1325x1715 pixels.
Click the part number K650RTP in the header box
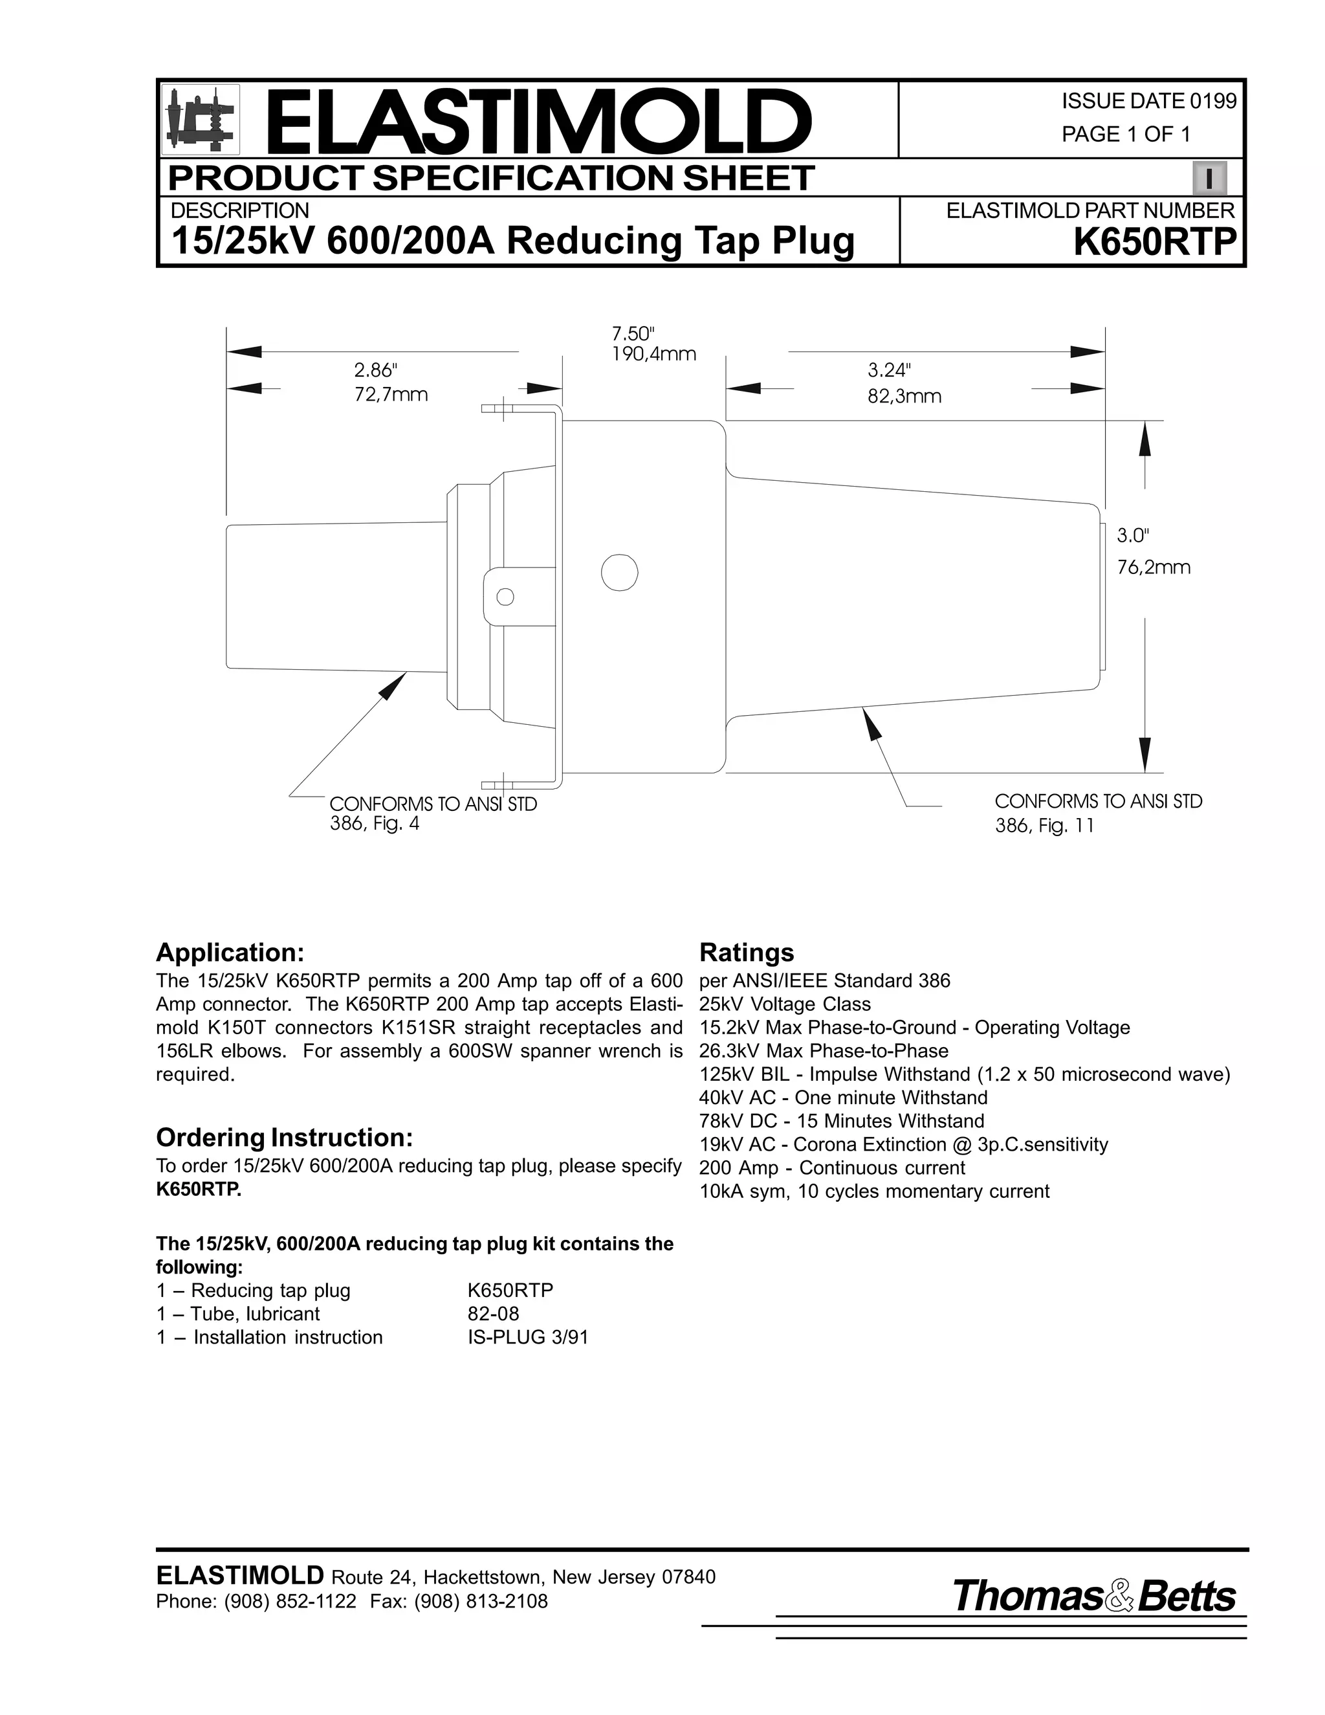click(1154, 241)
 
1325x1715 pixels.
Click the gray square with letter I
click(1209, 178)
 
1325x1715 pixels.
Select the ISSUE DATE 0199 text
click(1148, 102)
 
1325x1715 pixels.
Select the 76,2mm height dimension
click(1153, 567)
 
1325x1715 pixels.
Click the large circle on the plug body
click(619, 573)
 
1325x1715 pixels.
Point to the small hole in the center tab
click(505, 597)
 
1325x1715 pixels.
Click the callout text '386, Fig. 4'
click(375, 824)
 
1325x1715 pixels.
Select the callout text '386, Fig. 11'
click(1044, 825)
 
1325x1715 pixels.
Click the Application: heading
click(229, 953)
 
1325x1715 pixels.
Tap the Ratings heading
click(747, 953)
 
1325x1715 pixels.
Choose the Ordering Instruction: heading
click(284, 1137)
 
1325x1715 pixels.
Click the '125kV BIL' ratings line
click(964, 1074)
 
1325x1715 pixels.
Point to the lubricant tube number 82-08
click(493, 1314)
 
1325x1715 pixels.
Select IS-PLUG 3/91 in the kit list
click(527, 1337)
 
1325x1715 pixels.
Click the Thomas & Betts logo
click(1093, 1597)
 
